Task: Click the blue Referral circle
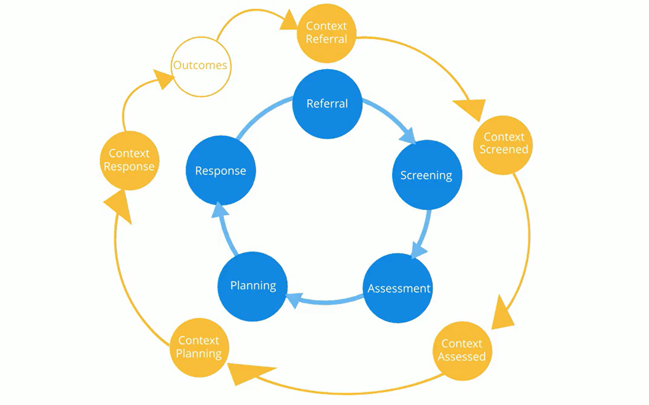pyautogui.click(x=327, y=104)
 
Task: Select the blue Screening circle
pyautogui.click(x=427, y=175)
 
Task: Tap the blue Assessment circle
pyautogui.click(x=399, y=288)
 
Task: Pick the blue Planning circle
pyautogui.click(x=253, y=286)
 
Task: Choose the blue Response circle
pyautogui.click(x=221, y=171)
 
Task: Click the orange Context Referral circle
pyautogui.click(x=327, y=33)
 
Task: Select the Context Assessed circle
pyautogui.click(x=462, y=350)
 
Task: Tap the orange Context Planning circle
pyautogui.click(x=200, y=347)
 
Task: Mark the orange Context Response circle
pyautogui.click(x=129, y=160)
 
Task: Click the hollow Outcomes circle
pyautogui.click(x=200, y=66)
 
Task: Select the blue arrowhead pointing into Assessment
pyautogui.click(x=419, y=250)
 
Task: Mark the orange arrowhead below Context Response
pyautogui.click(x=118, y=208)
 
